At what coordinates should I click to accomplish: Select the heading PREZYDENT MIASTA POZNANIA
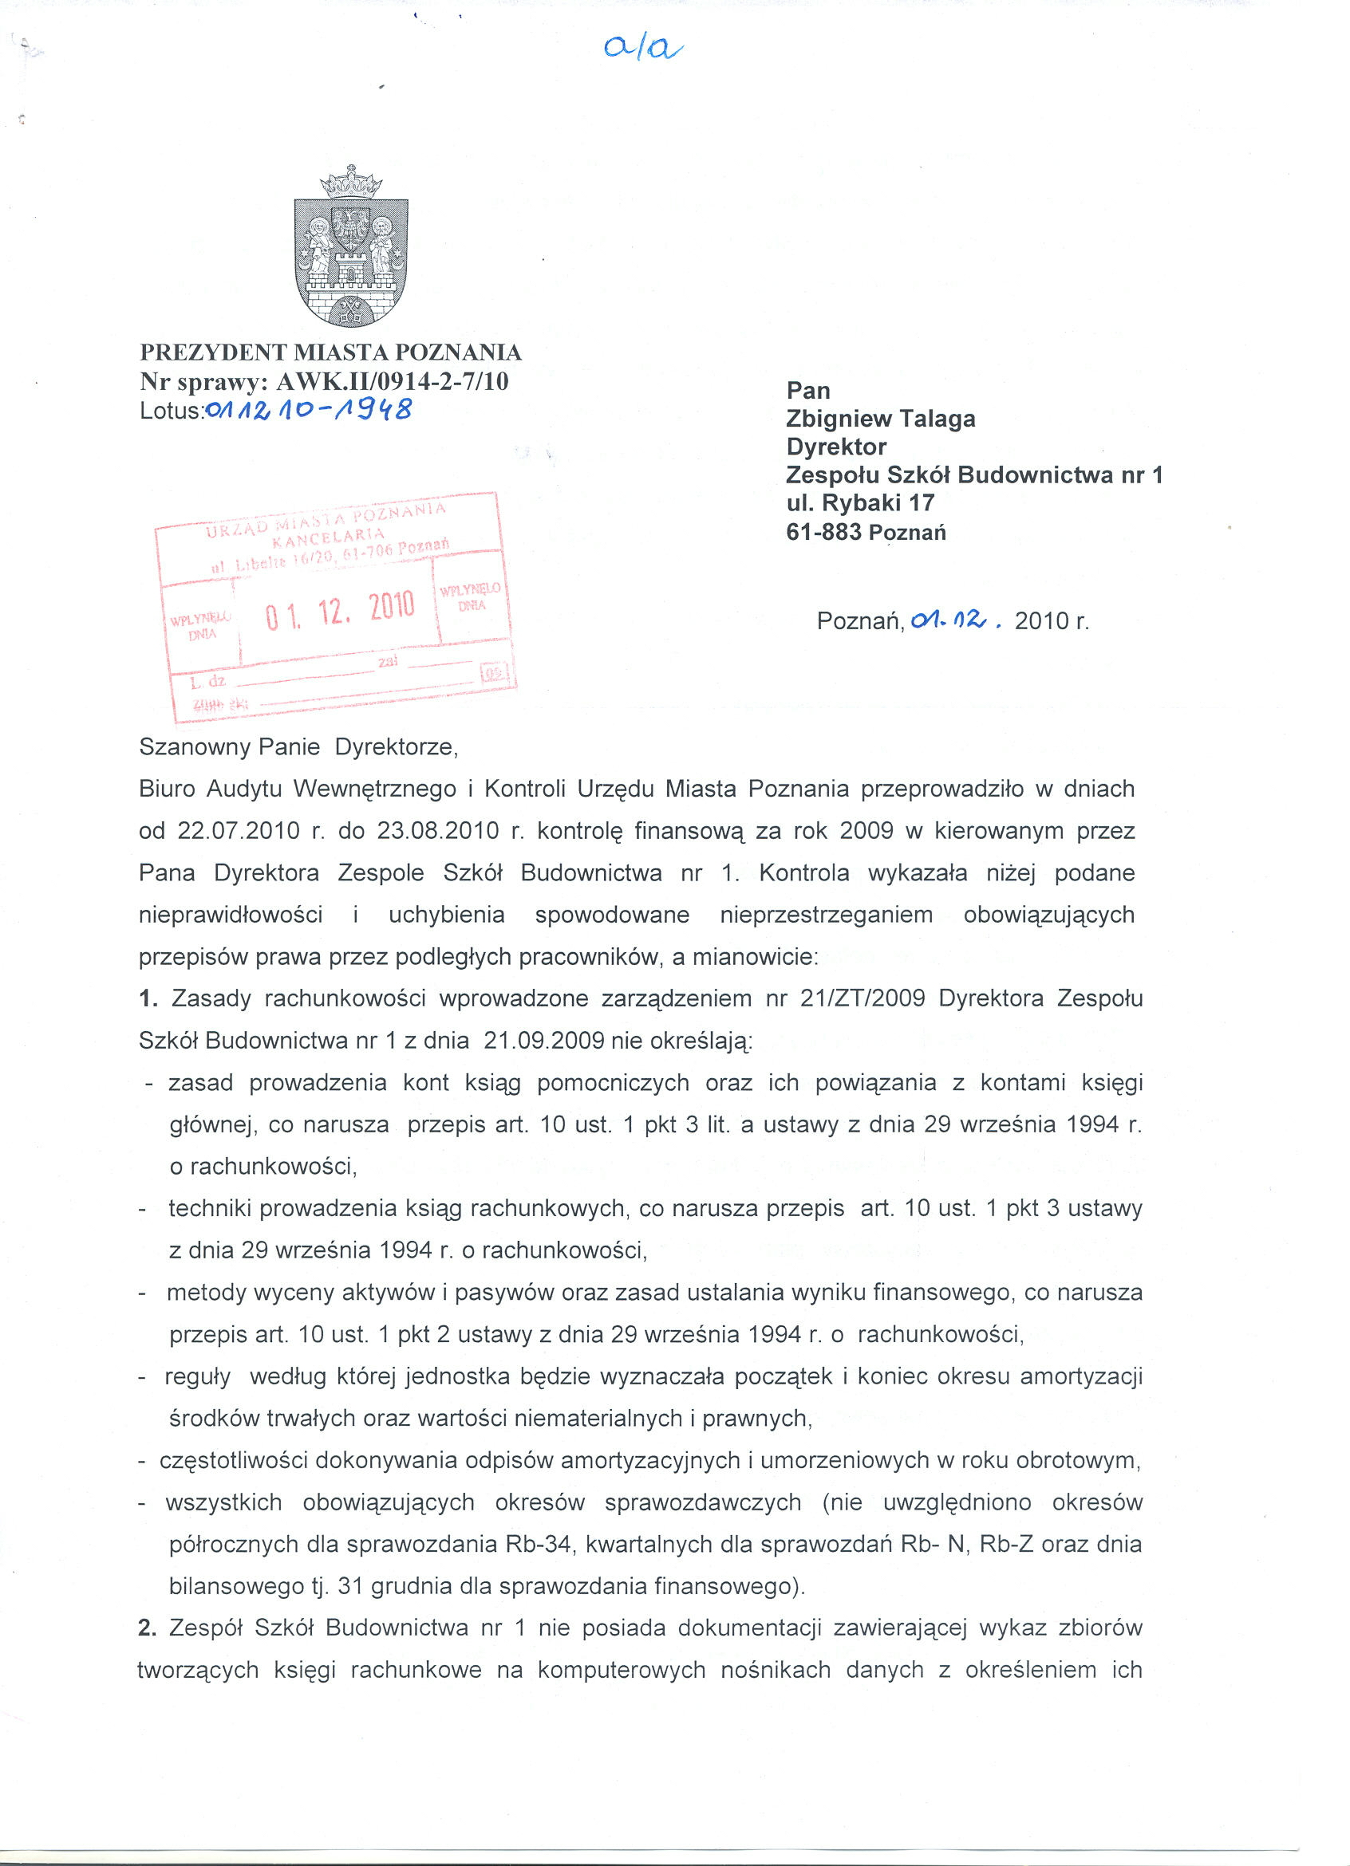click(x=331, y=352)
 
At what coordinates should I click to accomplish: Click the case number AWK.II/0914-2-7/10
click(x=393, y=381)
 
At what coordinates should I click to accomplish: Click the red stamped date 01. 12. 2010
click(x=340, y=610)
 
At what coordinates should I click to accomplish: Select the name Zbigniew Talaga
click(x=880, y=419)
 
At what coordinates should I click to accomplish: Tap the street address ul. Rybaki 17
click(x=860, y=502)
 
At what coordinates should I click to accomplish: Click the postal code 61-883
click(x=824, y=532)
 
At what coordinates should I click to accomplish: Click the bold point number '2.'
click(x=148, y=1628)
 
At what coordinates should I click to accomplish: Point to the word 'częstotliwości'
click(x=234, y=1460)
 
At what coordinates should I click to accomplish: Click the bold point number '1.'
click(x=148, y=999)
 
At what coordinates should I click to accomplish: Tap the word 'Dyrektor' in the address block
click(x=836, y=447)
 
